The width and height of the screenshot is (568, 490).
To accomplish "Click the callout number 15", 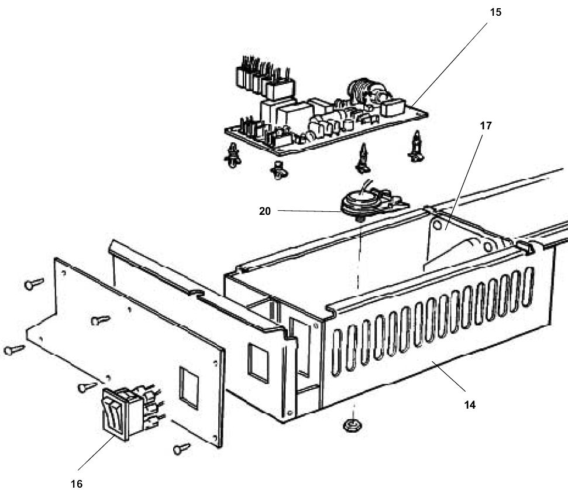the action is (x=495, y=12).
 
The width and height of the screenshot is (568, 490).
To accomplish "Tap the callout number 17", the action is (x=486, y=126).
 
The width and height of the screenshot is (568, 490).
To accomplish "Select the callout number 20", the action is (x=265, y=211).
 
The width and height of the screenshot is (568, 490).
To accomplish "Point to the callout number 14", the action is (x=470, y=405).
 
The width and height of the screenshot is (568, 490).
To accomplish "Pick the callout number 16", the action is (x=77, y=484).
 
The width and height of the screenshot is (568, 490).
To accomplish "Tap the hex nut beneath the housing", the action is (x=352, y=425).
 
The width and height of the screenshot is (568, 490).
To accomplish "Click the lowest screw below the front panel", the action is (x=181, y=448).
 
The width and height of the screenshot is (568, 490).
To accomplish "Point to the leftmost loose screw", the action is (x=14, y=349).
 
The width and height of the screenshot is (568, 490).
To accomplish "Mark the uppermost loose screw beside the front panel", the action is (x=34, y=283).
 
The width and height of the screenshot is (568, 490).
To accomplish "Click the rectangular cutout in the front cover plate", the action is (x=189, y=388).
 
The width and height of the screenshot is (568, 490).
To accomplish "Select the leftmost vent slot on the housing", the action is (x=336, y=352).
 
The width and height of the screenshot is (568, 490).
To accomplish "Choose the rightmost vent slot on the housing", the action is (x=528, y=286).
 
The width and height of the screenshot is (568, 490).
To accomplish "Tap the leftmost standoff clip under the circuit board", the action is (x=233, y=155).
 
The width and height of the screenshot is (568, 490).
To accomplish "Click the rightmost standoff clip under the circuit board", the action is (x=416, y=146).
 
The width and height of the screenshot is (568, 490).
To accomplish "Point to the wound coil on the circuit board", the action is (x=359, y=92).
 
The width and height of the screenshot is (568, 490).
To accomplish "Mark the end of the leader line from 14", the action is (x=433, y=362).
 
